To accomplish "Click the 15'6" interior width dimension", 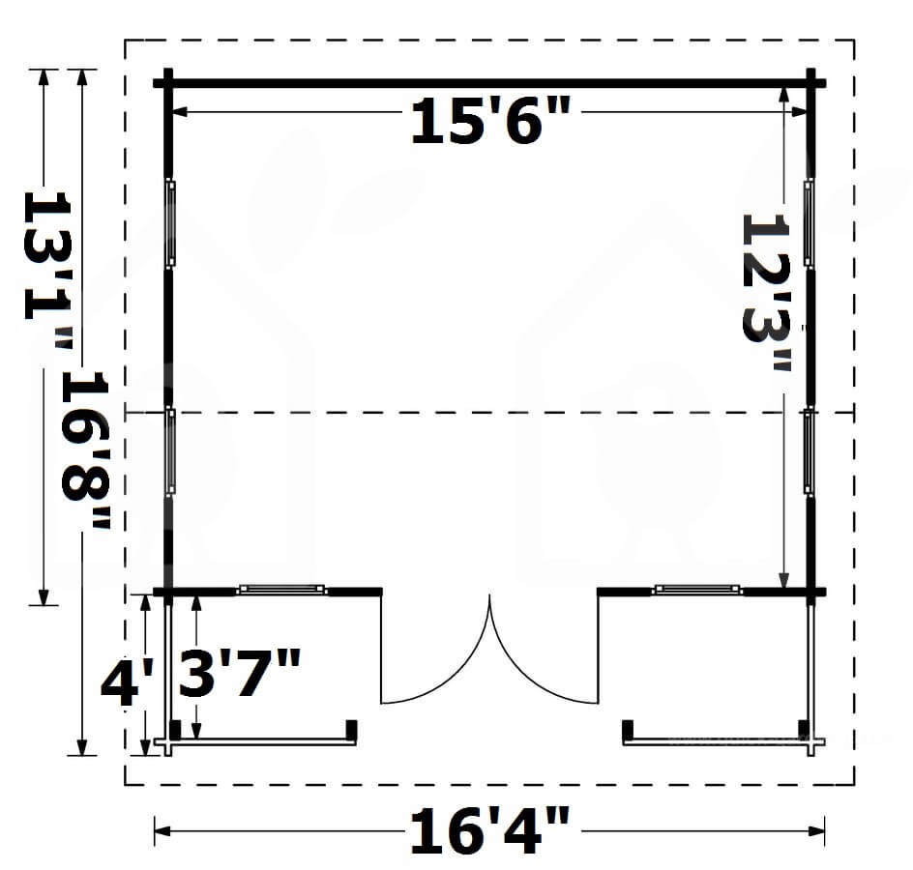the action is pyautogui.click(x=490, y=120).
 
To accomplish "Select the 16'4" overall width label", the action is pyautogui.click(x=489, y=831).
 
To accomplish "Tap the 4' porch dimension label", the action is pyautogui.click(x=127, y=682).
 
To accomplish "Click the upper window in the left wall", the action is pyautogui.click(x=170, y=223).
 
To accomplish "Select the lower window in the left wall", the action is pyautogui.click(x=170, y=451).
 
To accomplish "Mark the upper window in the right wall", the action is pyautogui.click(x=809, y=223).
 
